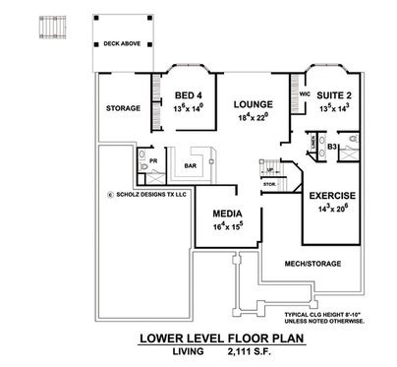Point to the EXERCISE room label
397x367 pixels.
tap(331, 196)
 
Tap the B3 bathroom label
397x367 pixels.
tap(333, 148)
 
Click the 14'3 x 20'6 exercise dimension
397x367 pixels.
tap(331, 209)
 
